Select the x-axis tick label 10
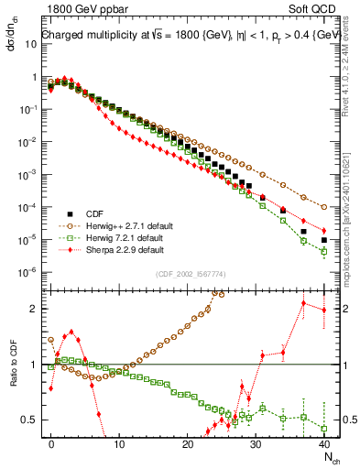click(x=119, y=443)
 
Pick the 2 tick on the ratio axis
click(x=34, y=309)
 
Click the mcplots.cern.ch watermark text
click(x=351, y=211)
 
